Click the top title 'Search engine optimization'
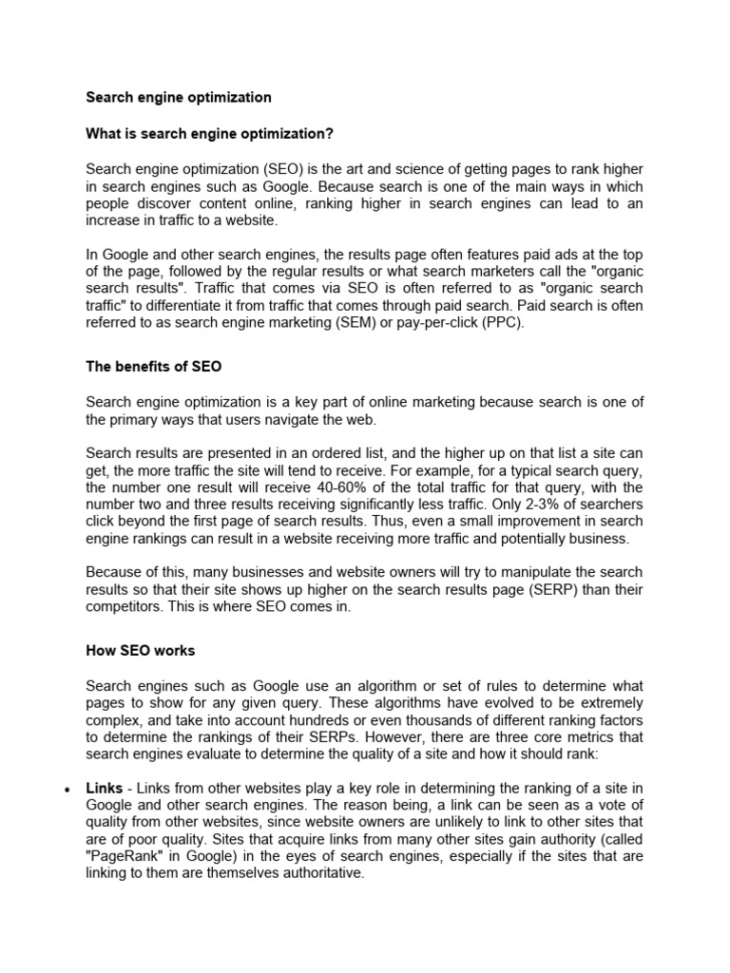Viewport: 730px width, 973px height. click(179, 97)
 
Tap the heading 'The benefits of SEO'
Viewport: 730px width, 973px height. click(154, 367)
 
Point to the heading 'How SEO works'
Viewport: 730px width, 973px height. click(141, 651)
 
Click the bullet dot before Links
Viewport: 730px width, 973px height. click(65, 791)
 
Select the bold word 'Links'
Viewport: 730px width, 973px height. click(104, 789)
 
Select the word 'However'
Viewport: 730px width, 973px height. click(395, 737)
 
